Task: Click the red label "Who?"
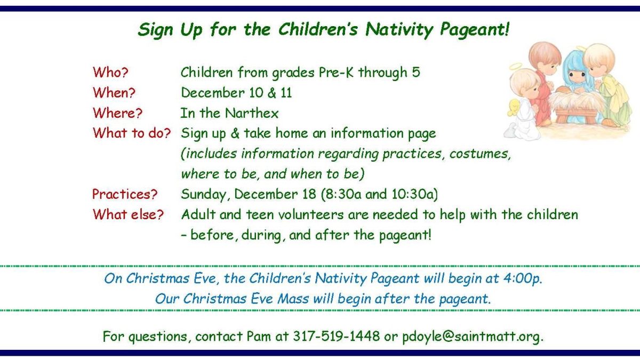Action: [110, 73]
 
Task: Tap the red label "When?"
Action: [114, 93]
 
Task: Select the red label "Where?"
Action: [117, 113]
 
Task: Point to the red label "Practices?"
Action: [125, 194]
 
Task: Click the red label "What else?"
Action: [128, 214]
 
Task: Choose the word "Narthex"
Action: [252, 113]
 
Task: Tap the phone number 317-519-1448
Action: [337, 336]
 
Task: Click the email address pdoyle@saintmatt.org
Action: [473, 337]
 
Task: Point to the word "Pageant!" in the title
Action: [475, 30]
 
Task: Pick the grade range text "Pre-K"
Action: [336, 73]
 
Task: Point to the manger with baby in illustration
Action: [575, 105]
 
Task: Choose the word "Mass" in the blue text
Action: [293, 299]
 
